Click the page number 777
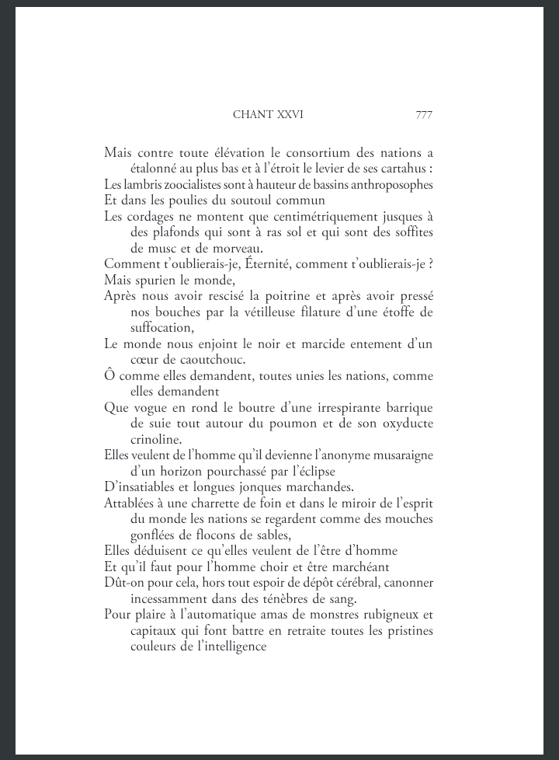tap(423, 114)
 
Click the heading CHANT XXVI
tap(268, 114)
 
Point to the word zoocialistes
tap(172, 185)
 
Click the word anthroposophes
tap(394, 185)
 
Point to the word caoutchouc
tap(205, 360)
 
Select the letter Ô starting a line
tap(109, 376)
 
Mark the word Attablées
tap(130, 503)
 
